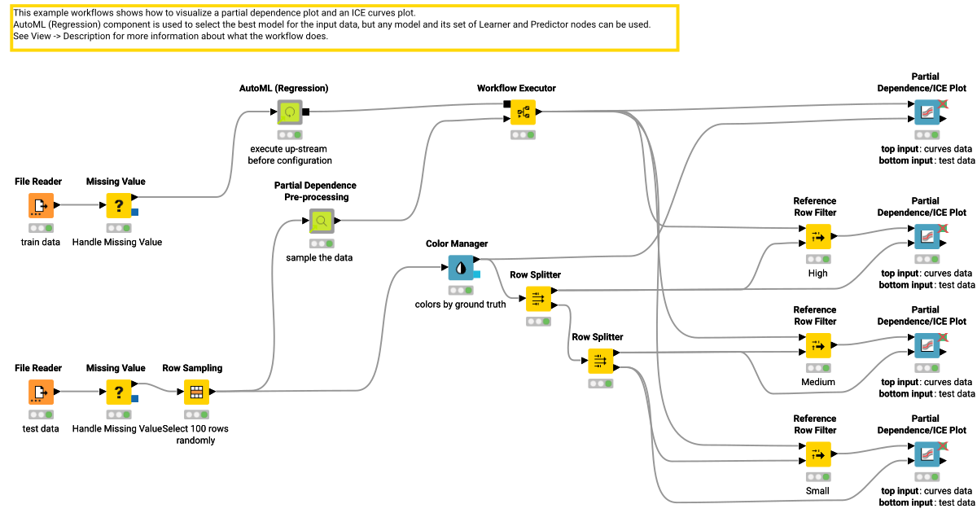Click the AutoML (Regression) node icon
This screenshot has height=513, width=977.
click(289, 112)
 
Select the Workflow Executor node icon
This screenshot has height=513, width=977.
click(523, 112)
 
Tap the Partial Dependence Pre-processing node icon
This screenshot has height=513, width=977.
click(322, 221)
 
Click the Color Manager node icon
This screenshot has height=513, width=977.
click(461, 267)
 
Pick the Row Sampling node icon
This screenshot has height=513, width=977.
click(196, 392)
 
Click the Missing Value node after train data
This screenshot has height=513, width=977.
click(119, 206)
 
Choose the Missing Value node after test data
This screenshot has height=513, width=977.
click(119, 392)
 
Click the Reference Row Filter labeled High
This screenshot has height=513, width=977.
click(817, 237)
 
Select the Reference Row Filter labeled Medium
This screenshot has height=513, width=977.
click(817, 345)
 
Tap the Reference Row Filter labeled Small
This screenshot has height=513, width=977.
click(817, 454)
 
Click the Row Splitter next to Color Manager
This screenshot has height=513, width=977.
click(538, 299)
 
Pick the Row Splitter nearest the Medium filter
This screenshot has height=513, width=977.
click(600, 361)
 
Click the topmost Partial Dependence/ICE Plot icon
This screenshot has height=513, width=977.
click(927, 112)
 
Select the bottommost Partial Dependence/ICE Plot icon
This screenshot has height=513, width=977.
click(927, 454)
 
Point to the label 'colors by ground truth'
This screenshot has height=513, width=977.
click(461, 305)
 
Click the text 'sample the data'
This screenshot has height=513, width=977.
click(322, 258)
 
